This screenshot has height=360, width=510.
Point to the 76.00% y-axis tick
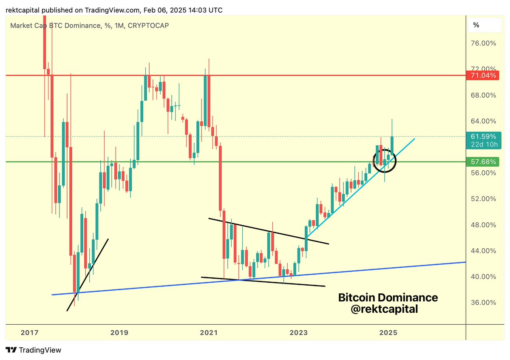(484, 43)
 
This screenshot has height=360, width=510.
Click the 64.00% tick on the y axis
(484, 121)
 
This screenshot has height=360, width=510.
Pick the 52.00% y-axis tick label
(484, 198)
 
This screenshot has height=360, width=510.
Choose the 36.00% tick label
(484, 303)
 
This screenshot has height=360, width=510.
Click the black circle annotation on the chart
(385, 161)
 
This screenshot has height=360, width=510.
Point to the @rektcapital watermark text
(384, 309)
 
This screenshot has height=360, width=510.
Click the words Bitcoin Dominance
(388, 298)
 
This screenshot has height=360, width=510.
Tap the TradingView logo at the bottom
(34, 350)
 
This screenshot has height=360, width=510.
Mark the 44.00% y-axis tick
(484, 251)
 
